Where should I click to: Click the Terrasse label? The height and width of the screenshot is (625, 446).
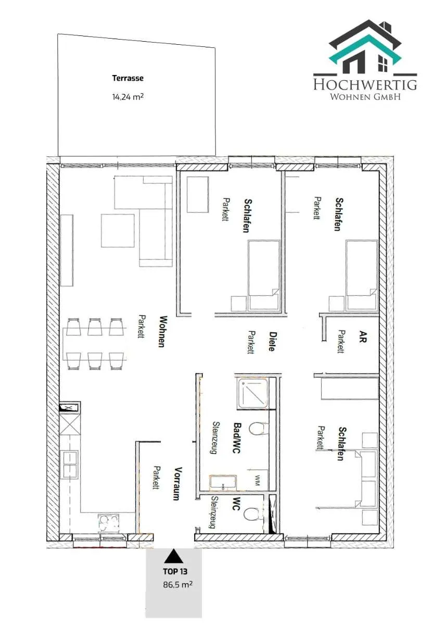coord(128,78)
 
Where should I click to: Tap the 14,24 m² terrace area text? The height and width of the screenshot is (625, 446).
coord(128,96)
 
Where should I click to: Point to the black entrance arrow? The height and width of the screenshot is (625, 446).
coord(173,556)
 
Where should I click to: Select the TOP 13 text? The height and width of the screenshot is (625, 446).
coord(175,572)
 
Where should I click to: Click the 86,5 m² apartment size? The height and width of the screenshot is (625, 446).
coord(177,584)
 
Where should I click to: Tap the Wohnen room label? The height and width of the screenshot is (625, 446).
coord(162,331)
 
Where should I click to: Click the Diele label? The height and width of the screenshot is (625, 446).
coord(272,341)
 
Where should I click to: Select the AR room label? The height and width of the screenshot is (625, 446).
coord(362,336)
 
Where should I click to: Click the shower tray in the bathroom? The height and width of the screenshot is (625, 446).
coord(252,394)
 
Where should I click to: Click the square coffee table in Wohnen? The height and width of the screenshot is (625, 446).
coord(118,231)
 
